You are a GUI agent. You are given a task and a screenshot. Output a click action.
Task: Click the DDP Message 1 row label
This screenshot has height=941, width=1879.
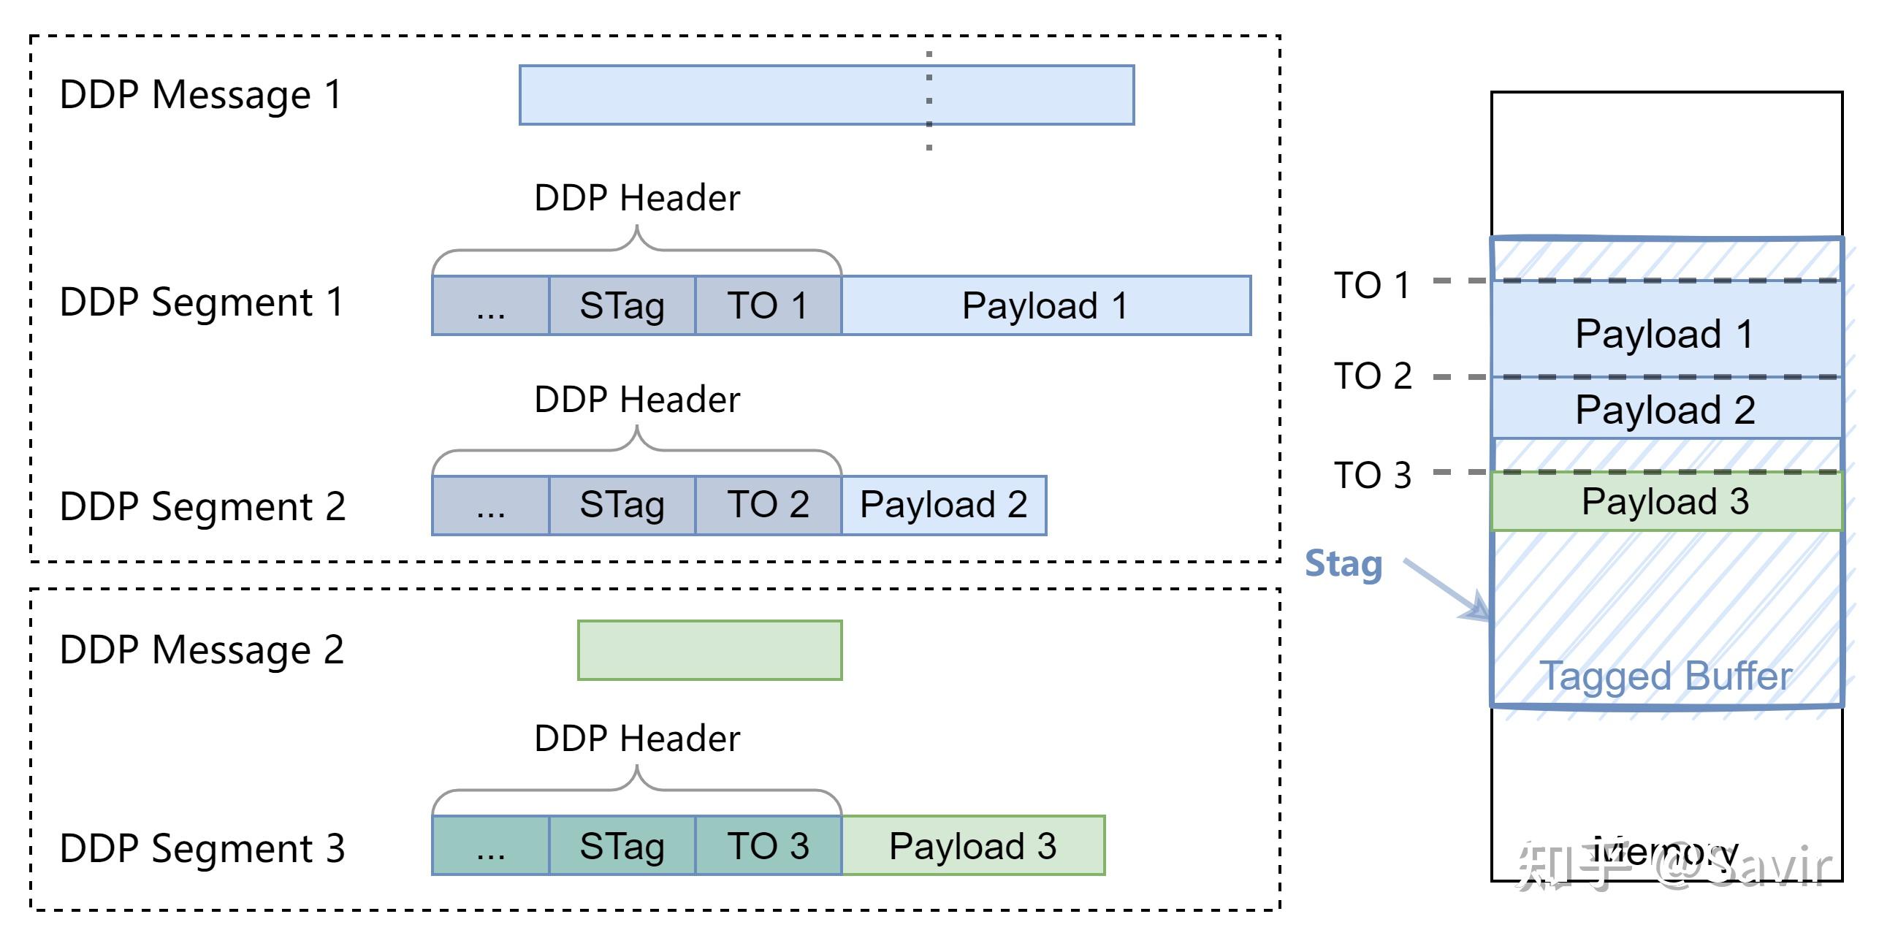201,95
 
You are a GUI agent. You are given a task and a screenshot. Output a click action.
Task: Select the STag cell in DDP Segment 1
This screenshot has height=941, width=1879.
622,305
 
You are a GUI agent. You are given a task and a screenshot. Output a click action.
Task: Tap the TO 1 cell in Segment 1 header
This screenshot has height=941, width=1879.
768,305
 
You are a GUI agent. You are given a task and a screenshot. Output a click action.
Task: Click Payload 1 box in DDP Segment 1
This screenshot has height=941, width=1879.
1045,305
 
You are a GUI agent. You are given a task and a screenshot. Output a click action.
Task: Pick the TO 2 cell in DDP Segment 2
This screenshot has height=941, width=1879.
768,505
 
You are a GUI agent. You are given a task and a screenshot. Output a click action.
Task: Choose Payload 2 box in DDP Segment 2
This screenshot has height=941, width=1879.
943,505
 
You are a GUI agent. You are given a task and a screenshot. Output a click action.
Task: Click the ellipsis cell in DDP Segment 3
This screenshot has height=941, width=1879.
490,845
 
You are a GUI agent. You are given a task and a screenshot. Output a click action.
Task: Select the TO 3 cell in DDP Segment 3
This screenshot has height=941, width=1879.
768,845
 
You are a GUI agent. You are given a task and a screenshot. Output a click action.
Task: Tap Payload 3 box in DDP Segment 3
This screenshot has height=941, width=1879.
972,845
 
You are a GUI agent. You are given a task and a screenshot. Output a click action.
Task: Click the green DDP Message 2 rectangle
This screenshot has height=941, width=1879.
709,650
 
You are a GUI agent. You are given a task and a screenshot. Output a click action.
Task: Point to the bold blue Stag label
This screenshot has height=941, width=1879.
1343,564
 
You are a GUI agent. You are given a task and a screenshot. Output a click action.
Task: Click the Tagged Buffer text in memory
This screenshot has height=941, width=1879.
1666,676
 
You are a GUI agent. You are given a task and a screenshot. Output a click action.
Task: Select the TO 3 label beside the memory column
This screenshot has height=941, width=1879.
1372,475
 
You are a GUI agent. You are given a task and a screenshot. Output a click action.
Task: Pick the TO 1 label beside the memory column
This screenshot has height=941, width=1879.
1372,285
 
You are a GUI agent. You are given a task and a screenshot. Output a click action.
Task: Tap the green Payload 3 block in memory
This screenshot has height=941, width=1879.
1666,501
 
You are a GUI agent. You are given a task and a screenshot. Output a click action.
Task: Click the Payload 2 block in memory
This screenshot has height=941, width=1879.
1666,409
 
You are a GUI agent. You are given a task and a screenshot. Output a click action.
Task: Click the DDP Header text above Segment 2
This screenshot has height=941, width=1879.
636,400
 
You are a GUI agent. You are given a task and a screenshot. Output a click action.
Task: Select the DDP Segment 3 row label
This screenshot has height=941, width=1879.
202,848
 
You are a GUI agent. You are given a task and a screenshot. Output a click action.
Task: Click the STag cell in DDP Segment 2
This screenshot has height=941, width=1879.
622,505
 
